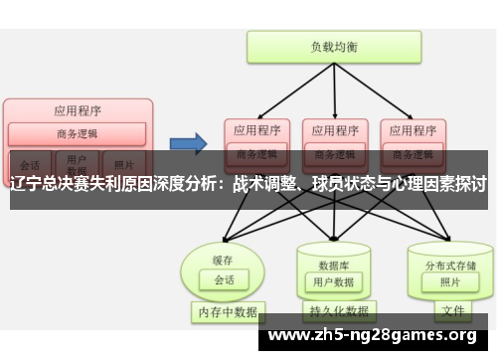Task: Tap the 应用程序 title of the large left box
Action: [x=77, y=110]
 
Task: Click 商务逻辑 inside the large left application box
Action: [x=77, y=133]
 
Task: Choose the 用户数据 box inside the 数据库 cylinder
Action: [x=333, y=281]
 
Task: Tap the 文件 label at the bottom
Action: [x=452, y=310]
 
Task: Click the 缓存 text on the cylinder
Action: [x=222, y=260]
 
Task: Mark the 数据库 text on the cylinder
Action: [x=332, y=265]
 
